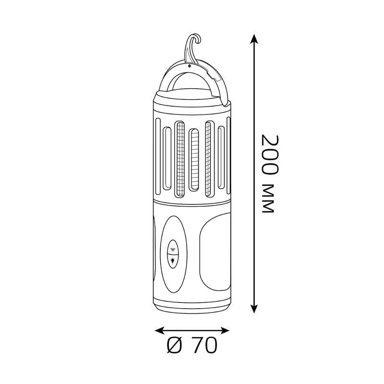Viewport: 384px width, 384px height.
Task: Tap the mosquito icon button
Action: [173, 249]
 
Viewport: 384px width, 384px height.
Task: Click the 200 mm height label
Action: [270, 174]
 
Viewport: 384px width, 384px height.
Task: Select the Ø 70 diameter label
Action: [192, 345]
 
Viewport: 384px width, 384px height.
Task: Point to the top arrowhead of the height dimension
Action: [254, 39]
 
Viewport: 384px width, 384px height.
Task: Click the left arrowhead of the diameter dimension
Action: [159, 331]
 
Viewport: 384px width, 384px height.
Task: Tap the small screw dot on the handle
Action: [189, 66]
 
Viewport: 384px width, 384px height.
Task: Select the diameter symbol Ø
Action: [175, 345]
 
